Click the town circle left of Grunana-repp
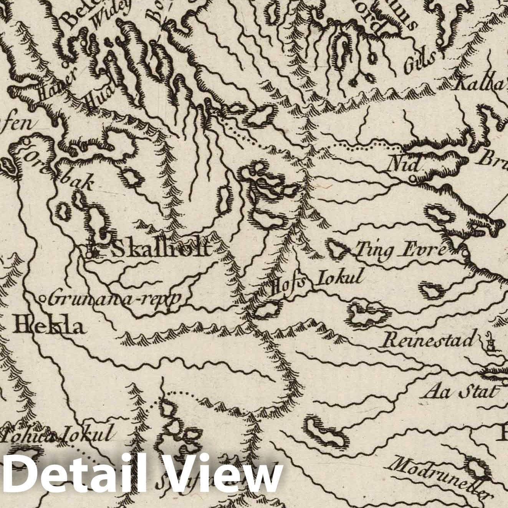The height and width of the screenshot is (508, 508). coord(43,298)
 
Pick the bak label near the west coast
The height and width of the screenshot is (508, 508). coord(79,184)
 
